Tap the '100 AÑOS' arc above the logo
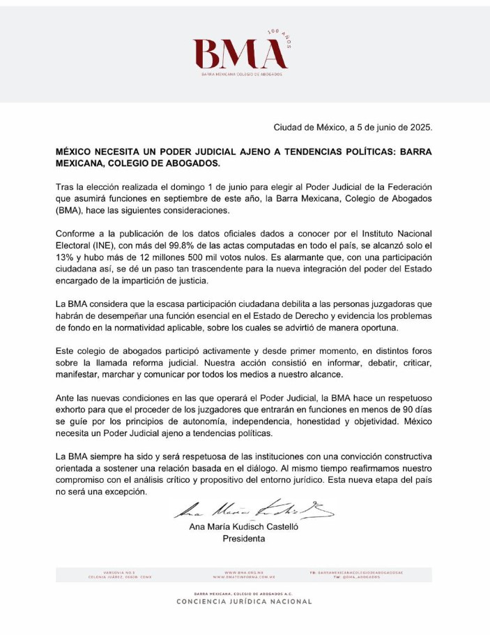(x=280, y=37)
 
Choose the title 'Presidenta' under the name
(x=243, y=539)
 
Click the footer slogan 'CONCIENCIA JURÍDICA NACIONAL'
(x=244, y=602)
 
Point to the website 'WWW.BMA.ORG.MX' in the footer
(x=244, y=572)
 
